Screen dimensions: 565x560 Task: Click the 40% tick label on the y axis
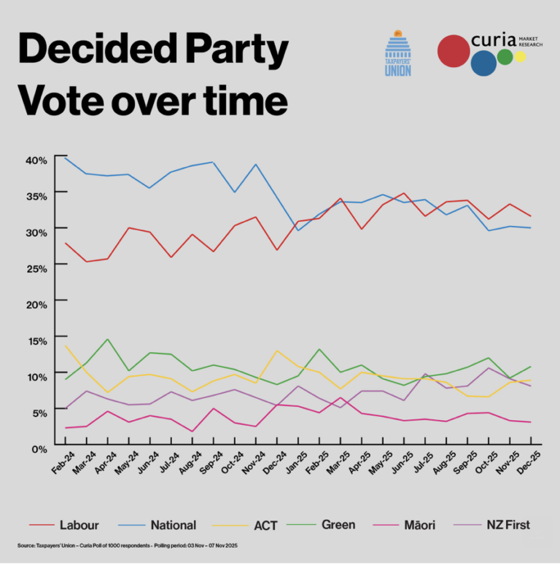pos(36,160)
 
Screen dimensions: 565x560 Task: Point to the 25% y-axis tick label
pos(36,268)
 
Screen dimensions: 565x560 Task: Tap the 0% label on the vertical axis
pos(39,447)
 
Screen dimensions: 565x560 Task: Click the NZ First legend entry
pos(508,524)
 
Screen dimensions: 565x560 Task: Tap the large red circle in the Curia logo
pos(453,50)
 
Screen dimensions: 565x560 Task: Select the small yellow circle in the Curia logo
pos(520,57)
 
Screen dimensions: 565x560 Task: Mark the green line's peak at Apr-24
pos(108,339)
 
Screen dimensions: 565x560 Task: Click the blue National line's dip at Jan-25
pos(298,230)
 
